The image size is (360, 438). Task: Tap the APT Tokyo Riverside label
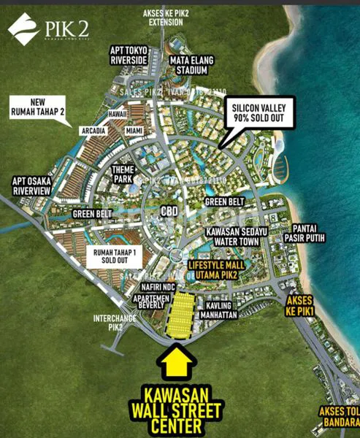[129, 55]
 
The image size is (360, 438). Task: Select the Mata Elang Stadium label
[188, 65]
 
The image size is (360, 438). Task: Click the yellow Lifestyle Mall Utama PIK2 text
[213, 270]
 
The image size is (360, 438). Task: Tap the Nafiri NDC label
[158, 288]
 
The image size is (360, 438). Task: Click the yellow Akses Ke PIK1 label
[302, 304]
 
